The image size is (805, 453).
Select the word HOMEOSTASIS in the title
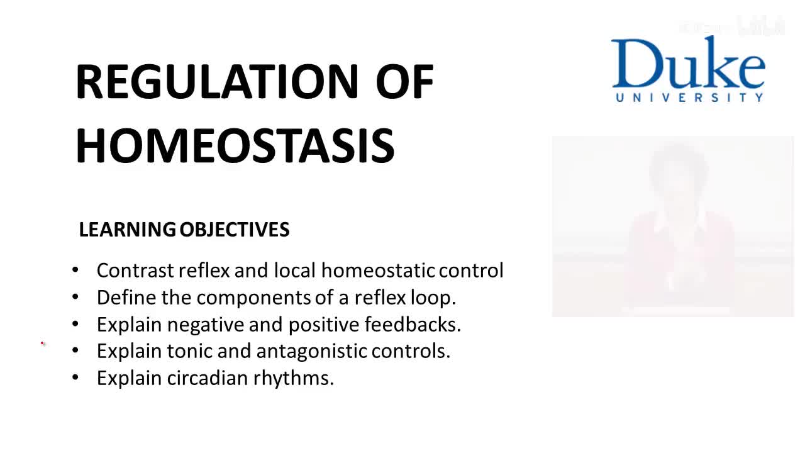click(235, 145)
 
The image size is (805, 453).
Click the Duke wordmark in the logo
click(688, 64)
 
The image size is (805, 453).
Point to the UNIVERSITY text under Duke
click(689, 98)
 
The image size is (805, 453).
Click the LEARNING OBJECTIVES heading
click(184, 230)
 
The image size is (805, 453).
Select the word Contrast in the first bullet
click(135, 271)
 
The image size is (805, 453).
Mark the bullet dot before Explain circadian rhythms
click(75, 378)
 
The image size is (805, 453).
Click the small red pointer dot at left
click(43, 344)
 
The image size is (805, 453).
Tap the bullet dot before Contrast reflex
click(75, 271)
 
